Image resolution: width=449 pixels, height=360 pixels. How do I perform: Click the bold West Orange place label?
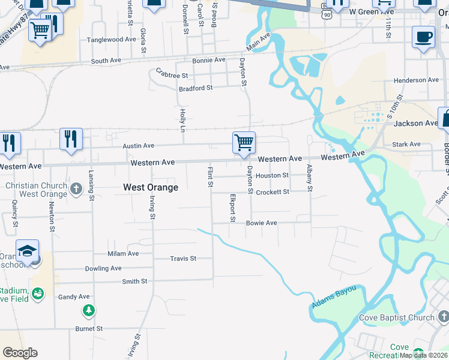pyautogui.click(x=151, y=187)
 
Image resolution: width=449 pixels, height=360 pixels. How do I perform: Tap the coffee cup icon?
pyautogui.click(x=423, y=37)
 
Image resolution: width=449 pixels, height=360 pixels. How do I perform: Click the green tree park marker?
pyautogui.click(x=89, y=310)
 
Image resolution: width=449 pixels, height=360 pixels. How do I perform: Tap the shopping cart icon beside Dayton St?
pyautogui.click(x=244, y=143)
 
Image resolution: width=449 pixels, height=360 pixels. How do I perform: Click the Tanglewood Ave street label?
pyautogui.click(x=112, y=40)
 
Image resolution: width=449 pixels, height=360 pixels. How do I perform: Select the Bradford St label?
pyautogui.click(x=196, y=88)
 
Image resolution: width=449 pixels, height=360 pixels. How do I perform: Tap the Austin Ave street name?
pyautogui.click(x=139, y=146)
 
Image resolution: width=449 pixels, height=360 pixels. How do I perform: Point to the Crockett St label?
pyautogui.click(x=273, y=192)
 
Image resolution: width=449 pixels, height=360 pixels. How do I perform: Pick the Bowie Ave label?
pyautogui.click(x=261, y=223)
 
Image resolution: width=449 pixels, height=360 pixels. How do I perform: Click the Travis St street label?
pyautogui.click(x=183, y=259)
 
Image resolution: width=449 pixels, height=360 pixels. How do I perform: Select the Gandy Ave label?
pyautogui.click(x=74, y=297)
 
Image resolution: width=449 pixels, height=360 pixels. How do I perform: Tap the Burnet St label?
pyautogui.click(x=89, y=329)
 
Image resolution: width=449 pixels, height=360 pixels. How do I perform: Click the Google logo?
pyautogui.click(x=20, y=353)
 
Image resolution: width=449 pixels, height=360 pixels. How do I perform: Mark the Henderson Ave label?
pyautogui.click(x=416, y=80)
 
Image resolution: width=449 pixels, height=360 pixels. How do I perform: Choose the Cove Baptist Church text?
pyautogui.click(x=397, y=317)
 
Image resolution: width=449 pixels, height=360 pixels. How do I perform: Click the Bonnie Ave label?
pyautogui.click(x=208, y=60)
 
